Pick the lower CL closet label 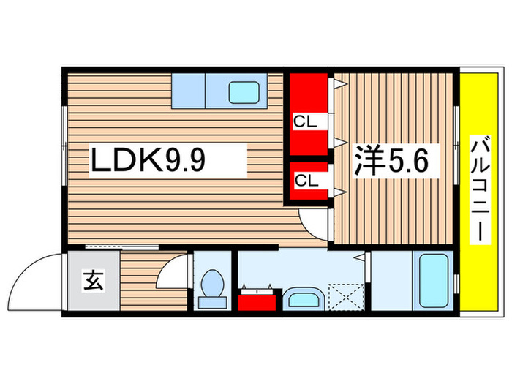[x=306, y=178]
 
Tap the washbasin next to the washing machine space [x=303, y=299]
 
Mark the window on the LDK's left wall [x=64, y=146]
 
